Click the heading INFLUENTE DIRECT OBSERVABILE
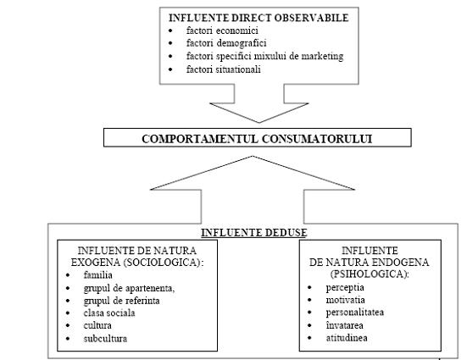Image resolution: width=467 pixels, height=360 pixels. (259, 18)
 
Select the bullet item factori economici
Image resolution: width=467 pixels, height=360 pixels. (222, 30)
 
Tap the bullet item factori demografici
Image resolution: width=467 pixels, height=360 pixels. (226, 43)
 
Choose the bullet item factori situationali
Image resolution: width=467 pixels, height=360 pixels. (224, 69)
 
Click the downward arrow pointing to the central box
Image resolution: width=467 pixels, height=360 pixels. (259, 103)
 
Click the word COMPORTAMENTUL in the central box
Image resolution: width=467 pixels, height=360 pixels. (200, 139)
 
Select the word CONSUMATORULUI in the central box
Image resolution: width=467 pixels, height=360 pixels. (317, 139)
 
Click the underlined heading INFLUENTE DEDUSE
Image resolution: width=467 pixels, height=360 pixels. (254, 233)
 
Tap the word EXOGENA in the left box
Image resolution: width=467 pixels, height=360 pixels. (95, 263)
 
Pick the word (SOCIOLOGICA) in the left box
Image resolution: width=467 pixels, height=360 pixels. (162, 263)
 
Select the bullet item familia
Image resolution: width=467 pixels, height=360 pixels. (98, 274)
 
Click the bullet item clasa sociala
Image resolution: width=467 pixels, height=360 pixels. (109, 313)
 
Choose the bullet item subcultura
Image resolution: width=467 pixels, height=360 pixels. (105, 339)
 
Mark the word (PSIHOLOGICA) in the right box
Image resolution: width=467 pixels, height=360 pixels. (369, 274)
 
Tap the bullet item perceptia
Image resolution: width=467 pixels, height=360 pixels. (345, 288)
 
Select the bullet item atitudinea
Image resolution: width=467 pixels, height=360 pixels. (347, 338)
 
